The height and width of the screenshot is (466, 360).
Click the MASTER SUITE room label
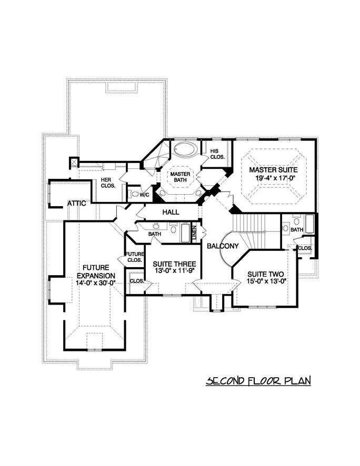(x=273, y=170)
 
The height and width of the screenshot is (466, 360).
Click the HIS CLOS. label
(x=217, y=153)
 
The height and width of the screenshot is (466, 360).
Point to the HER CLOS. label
(x=108, y=183)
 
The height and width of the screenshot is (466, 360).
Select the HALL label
(x=171, y=212)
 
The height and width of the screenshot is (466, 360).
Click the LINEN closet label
(x=194, y=232)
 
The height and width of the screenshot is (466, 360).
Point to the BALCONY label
(x=223, y=246)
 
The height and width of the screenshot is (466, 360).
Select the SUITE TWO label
(x=266, y=274)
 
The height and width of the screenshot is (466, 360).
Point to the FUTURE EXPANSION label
(x=95, y=271)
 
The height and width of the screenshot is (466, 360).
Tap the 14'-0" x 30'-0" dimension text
(x=95, y=283)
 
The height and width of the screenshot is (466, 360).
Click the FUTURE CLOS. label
(x=135, y=257)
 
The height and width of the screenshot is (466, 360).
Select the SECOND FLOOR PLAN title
(x=258, y=380)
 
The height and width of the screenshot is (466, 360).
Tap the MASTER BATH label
(x=178, y=177)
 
